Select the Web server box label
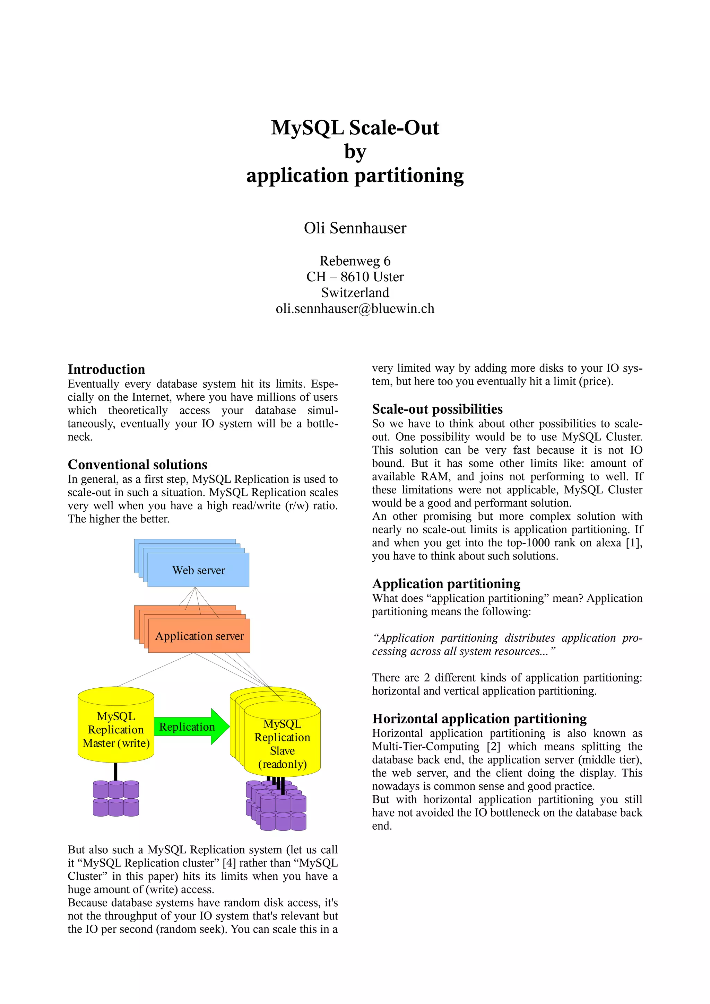199,570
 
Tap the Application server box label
199,636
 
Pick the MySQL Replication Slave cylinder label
282,744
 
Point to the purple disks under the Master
116,799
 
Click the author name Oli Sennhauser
355,228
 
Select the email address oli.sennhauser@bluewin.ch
355,309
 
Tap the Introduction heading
106,370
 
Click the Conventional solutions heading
137,464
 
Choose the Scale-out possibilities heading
437,409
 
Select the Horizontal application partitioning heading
479,719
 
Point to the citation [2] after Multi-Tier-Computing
493,747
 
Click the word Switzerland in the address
355,292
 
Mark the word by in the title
355,152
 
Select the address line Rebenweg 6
355,261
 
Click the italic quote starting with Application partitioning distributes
507,644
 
